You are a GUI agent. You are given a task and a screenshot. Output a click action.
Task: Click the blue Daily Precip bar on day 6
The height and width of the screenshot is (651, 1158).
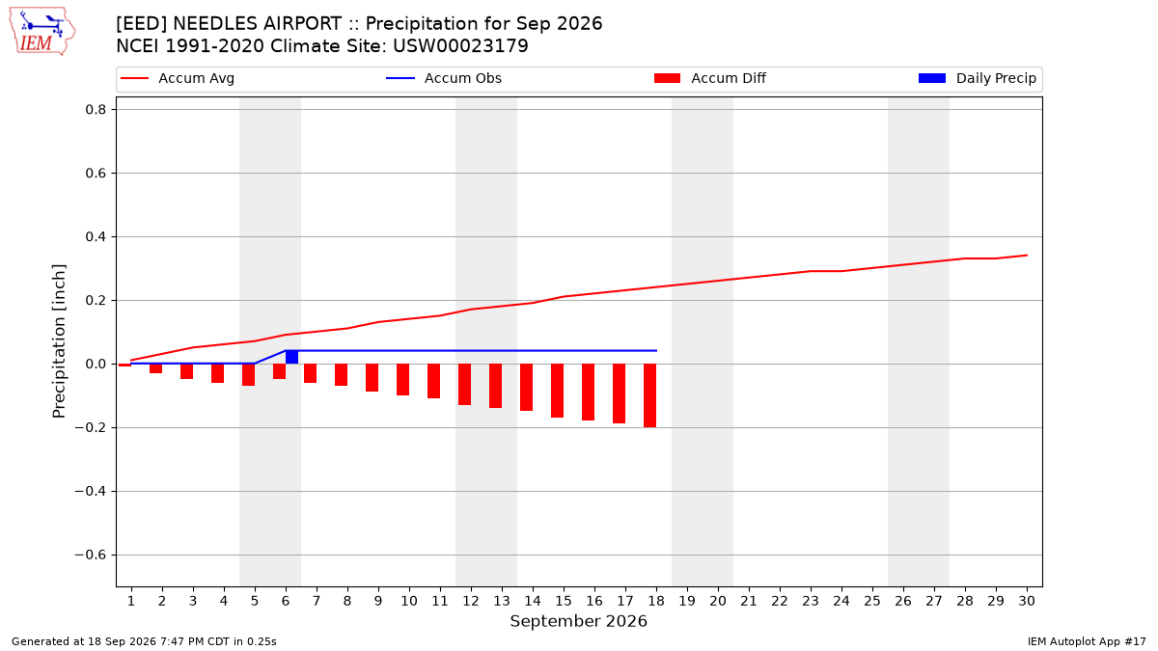pos(292,357)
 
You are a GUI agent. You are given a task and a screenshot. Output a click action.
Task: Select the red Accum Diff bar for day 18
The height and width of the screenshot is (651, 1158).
pos(649,395)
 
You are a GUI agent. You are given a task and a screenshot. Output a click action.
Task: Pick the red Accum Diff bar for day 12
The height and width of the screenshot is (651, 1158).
pos(465,385)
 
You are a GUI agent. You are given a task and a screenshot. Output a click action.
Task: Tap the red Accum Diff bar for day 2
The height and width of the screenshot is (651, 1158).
pos(155,368)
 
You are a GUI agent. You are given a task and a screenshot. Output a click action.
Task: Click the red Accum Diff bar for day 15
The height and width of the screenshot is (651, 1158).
pos(558,391)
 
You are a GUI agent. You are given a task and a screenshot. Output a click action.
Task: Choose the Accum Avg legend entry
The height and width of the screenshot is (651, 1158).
pos(178,78)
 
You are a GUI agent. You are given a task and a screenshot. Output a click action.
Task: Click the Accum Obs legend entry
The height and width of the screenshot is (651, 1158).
pos(444,78)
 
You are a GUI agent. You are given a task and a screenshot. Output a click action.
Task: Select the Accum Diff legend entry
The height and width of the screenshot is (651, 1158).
pos(710,78)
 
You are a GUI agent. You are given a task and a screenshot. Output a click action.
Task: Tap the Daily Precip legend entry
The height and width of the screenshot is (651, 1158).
pos(977,78)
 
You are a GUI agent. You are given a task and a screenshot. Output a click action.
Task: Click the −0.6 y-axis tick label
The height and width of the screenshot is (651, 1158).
pos(91,555)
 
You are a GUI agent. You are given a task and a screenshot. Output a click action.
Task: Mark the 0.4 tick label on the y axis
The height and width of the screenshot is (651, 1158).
pos(96,236)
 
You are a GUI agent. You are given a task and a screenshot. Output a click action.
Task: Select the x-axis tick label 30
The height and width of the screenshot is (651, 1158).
pos(1027,601)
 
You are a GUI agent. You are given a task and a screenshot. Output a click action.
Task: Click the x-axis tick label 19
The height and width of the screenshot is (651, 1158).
pos(687,601)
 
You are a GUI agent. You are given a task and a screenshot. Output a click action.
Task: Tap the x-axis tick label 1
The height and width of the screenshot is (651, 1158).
pos(131,601)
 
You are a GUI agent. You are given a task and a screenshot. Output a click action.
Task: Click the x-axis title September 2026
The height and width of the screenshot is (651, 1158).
pos(578,621)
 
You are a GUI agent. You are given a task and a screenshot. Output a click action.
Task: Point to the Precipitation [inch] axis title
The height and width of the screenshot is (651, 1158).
pos(59,341)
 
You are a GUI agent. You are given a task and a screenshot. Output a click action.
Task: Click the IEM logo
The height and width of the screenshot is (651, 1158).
pos(41,32)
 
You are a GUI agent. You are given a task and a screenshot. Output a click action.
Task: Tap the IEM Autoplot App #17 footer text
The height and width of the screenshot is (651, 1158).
pos(1087,641)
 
